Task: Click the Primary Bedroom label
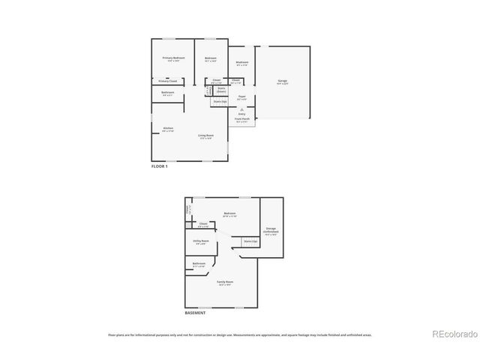pyautogui.click(x=173, y=58)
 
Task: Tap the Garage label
pyautogui.click(x=283, y=80)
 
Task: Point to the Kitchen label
pyautogui.click(x=168, y=128)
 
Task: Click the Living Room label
pyautogui.click(x=205, y=136)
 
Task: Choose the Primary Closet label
pyautogui.click(x=167, y=80)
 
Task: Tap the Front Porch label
pyautogui.click(x=241, y=119)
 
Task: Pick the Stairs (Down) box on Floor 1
pyautogui.click(x=221, y=90)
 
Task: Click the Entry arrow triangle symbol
pyautogui.click(x=241, y=110)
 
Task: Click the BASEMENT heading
pyautogui.click(x=194, y=313)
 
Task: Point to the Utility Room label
pyautogui.click(x=201, y=241)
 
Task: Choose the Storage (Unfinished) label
pyautogui.click(x=271, y=232)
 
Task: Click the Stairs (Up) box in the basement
pyautogui.click(x=250, y=241)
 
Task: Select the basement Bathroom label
pyautogui.click(x=199, y=264)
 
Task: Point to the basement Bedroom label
pyautogui.click(x=229, y=214)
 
